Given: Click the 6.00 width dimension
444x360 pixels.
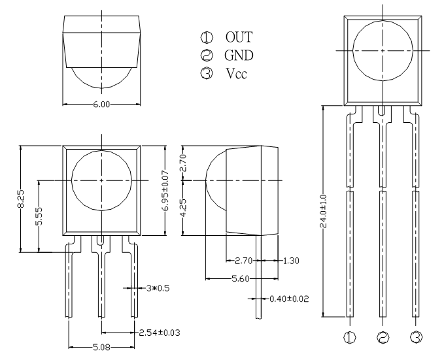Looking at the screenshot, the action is (101, 104).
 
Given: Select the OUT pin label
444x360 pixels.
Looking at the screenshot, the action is (239, 37).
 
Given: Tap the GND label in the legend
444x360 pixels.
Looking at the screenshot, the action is (239, 55).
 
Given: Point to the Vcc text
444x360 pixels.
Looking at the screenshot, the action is (237, 73).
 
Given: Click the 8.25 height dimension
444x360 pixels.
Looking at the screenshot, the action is (21, 199).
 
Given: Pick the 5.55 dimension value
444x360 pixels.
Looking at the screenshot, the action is (39, 216).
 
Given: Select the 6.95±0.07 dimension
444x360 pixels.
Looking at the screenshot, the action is (165, 190).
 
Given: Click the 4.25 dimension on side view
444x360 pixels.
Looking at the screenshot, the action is (183, 208).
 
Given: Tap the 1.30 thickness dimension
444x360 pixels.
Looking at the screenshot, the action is (291, 261).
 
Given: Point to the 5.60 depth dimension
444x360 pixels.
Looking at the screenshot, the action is (241, 279).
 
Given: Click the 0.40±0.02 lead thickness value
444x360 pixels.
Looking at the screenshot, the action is (289, 299).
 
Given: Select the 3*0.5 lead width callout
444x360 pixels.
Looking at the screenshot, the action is (158, 288).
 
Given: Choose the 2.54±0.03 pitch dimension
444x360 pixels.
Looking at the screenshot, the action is (160, 333).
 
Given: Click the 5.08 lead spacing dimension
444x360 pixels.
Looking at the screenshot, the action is (101, 347).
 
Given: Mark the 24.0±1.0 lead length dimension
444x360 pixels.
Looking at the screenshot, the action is (324, 211).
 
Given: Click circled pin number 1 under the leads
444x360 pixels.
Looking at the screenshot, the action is (350, 337).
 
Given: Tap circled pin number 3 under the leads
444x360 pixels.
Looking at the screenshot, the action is (417, 337).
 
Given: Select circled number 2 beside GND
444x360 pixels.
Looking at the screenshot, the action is (207, 55).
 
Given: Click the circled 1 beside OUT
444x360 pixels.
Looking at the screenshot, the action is (207, 37).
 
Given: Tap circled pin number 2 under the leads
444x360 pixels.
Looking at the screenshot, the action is (383, 337).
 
